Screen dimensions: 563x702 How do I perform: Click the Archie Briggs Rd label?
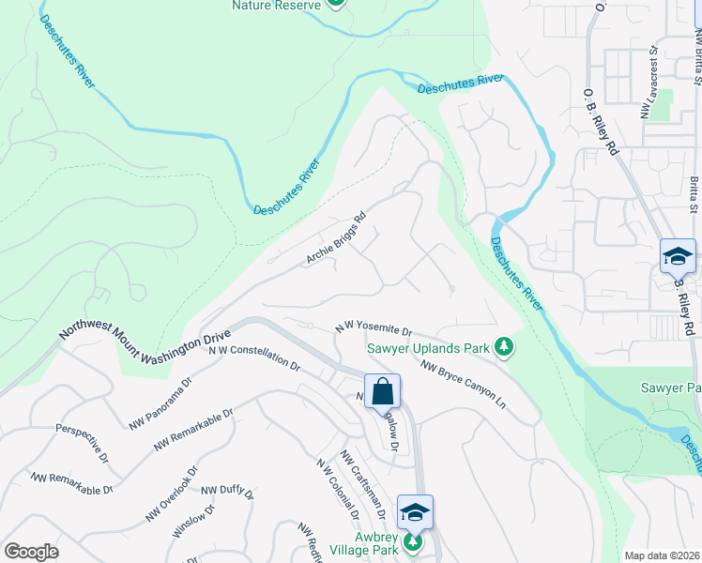coord(335,243)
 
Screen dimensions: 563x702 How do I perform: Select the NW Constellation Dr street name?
coord(253,358)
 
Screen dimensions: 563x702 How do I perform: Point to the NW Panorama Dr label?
coord(160,404)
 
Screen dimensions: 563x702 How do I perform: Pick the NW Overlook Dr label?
coord(172,495)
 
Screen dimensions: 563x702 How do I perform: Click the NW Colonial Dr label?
coord(338,489)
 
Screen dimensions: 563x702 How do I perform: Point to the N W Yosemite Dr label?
coord(374,330)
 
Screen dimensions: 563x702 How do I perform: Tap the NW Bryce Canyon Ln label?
coord(463,385)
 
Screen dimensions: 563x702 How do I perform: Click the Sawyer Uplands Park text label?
coord(428,348)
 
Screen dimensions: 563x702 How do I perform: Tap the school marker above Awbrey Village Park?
coord(415,511)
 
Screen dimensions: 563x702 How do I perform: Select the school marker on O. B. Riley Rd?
coord(678,255)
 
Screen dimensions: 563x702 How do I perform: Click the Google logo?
coord(31,552)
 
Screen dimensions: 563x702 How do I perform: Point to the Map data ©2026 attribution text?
coord(662,555)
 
